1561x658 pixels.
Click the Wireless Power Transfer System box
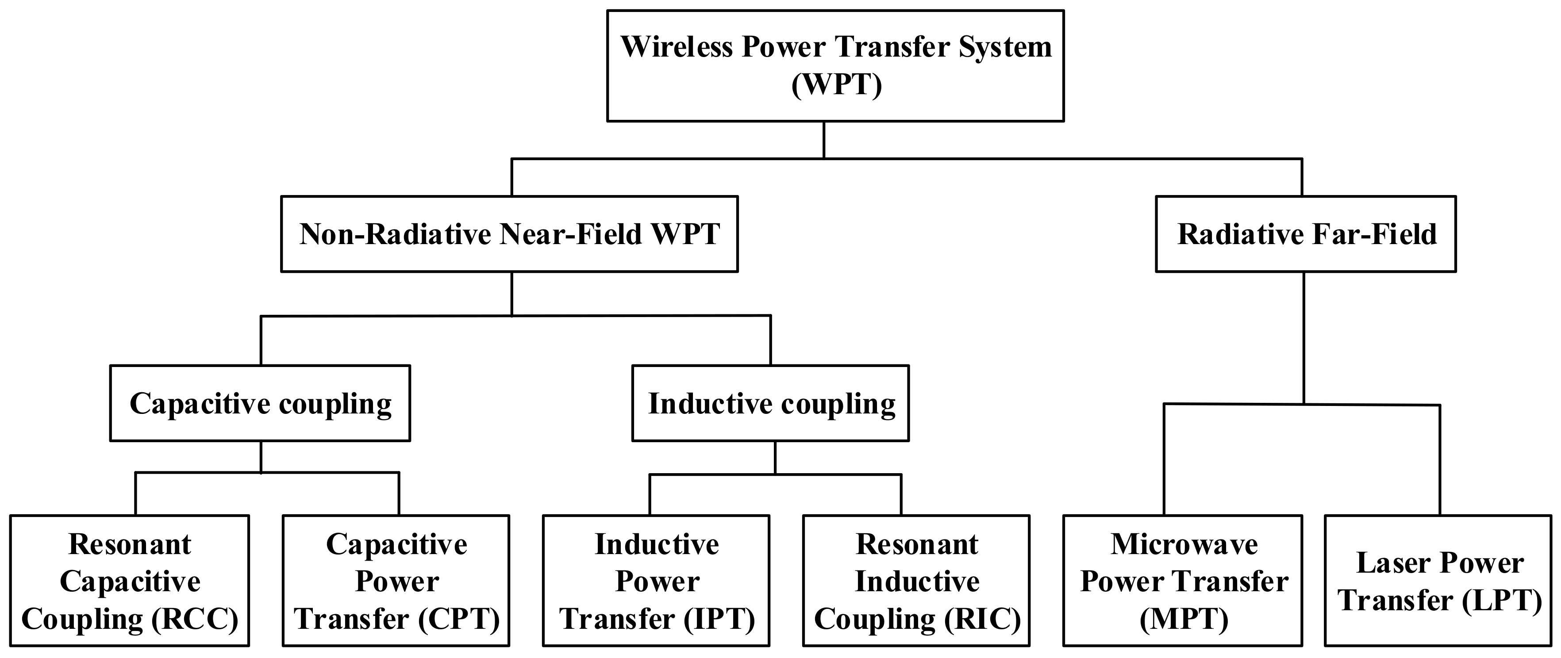[835, 65]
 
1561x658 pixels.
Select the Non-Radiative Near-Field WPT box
[509, 234]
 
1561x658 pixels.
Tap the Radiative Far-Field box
[1305, 234]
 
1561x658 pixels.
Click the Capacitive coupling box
[260, 403]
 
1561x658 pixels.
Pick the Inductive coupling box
[770, 403]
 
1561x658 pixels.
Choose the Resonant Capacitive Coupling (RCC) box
[130, 581]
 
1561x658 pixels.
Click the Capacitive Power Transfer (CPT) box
[396, 581]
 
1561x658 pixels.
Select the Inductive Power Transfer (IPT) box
[656, 581]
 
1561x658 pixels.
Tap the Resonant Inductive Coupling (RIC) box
[916, 581]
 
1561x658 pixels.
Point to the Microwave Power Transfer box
[1182, 581]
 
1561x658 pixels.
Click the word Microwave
[1184, 544]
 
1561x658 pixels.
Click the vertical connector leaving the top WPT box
[823, 139]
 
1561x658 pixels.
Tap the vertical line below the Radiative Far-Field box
[1303, 336]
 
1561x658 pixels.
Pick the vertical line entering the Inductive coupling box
[770, 340]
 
